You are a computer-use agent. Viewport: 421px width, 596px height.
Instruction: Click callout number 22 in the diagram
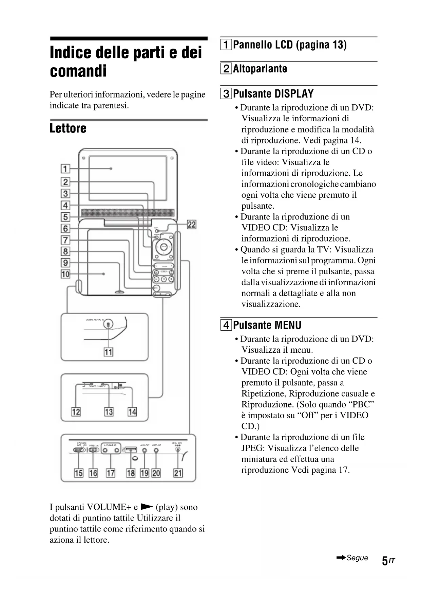click(192, 224)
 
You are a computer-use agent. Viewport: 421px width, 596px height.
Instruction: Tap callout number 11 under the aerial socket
click(108, 352)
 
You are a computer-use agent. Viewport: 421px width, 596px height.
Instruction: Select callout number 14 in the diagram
click(132, 412)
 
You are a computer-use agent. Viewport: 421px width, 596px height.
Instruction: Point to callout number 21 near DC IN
click(178, 473)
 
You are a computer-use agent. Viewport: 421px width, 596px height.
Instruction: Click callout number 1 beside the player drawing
click(65, 169)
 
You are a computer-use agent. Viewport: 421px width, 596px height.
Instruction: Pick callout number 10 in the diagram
click(65, 274)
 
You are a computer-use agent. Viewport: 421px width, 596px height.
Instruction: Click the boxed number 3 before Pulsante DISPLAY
click(226, 93)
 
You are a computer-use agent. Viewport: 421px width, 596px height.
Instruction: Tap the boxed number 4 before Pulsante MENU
click(226, 325)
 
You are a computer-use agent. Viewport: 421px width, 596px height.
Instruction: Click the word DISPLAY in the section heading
click(294, 93)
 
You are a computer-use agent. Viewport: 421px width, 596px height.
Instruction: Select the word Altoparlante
click(260, 69)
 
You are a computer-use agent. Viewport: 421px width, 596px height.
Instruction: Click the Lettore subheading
click(68, 128)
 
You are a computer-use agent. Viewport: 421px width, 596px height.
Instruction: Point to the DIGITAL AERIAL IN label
click(95, 320)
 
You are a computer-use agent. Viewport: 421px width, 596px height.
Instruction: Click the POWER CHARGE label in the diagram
click(97, 386)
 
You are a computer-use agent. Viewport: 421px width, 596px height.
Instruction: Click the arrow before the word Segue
click(341, 558)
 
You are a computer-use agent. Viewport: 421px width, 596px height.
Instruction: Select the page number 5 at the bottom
click(385, 561)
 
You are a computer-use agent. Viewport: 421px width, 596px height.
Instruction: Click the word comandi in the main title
click(78, 71)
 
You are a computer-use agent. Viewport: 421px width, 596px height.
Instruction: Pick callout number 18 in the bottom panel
click(131, 473)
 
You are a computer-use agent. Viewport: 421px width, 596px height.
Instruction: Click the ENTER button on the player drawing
click(164, 247)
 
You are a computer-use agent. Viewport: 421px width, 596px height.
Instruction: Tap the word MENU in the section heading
click(288, 325)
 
